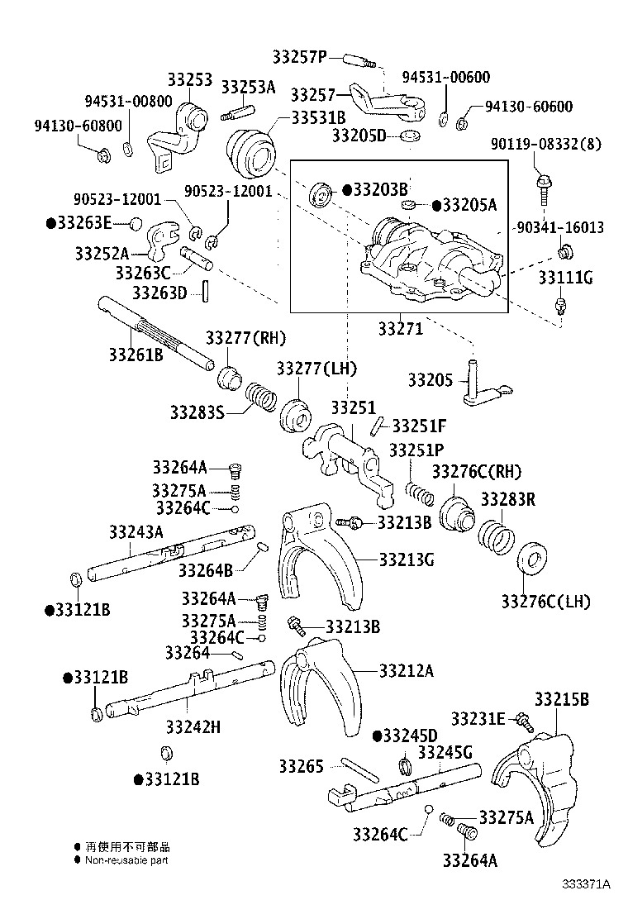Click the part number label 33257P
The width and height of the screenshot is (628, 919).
tap(300, 56)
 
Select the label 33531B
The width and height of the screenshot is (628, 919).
tap(319, 117)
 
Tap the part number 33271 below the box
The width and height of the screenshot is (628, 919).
tap(401, 329)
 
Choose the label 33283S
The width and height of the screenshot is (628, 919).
tap(197, 412)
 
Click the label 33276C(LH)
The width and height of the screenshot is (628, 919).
tap(545, 601)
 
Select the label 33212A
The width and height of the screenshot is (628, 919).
tap(406, 670)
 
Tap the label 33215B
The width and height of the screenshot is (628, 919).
tap(561, 699)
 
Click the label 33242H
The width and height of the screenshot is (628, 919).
tap(193, 727)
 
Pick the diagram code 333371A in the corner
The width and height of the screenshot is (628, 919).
tap(588, 884)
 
